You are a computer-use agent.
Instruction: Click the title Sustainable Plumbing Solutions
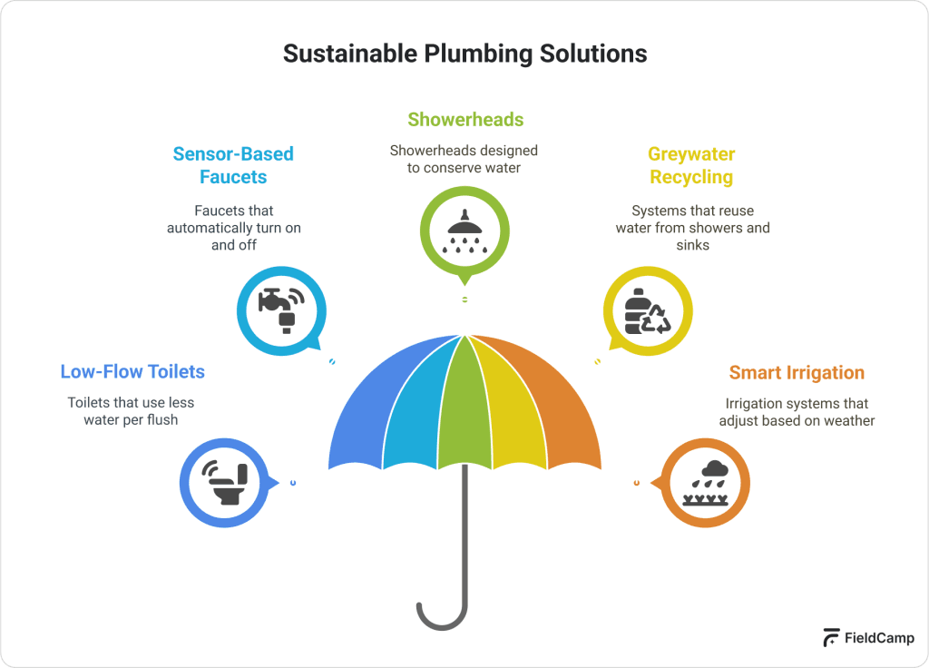(x=464, y=54)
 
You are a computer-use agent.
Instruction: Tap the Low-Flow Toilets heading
(x=132, y=371)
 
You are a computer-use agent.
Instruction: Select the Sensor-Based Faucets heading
(x=233, y=165)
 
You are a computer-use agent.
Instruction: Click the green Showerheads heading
(x=465, y=119)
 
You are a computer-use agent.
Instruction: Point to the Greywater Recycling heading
(x=691, y=165)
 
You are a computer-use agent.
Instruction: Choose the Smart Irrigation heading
(x=797, y=372)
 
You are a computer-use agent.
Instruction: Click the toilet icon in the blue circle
(x=224, y=482)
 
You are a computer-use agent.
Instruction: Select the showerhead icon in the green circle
(x=464, y=231)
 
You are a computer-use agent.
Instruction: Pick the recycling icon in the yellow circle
(x=648, y=309)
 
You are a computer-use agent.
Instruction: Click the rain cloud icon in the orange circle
(x=705, y=482)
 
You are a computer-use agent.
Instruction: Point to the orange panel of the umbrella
(x=562, y=408)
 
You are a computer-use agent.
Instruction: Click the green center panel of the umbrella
(x=464, y=399)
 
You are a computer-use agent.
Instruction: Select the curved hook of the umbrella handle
(x=443, y=617)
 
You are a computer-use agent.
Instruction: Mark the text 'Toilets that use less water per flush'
(x=132, y=411)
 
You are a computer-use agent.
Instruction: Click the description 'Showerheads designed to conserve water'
(x=464, y=159)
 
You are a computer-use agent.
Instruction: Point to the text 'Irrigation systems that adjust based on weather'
(x=797, y=412)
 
